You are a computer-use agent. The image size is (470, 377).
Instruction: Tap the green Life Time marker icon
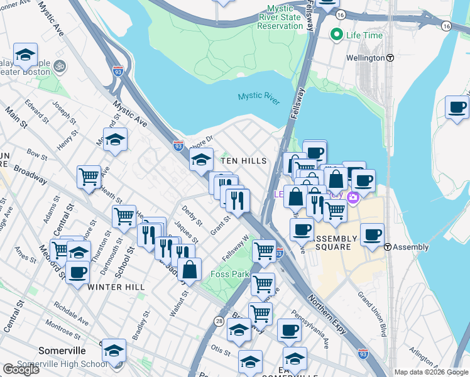point(337,35)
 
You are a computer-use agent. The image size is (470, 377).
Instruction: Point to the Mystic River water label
point(258,97)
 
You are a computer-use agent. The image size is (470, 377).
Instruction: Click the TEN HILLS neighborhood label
point(243,161)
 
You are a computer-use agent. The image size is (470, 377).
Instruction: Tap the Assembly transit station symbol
point(390,247)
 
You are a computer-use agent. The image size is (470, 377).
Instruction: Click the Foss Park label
point(229,275)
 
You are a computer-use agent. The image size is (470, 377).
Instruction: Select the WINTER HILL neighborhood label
point(116,287)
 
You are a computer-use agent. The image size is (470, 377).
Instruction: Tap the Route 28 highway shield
point(218,320)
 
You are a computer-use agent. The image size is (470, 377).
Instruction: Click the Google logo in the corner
point(21,369)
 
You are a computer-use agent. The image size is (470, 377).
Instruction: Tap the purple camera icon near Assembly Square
point(353,197)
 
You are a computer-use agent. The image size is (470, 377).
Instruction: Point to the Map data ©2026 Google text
point(431,372)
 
